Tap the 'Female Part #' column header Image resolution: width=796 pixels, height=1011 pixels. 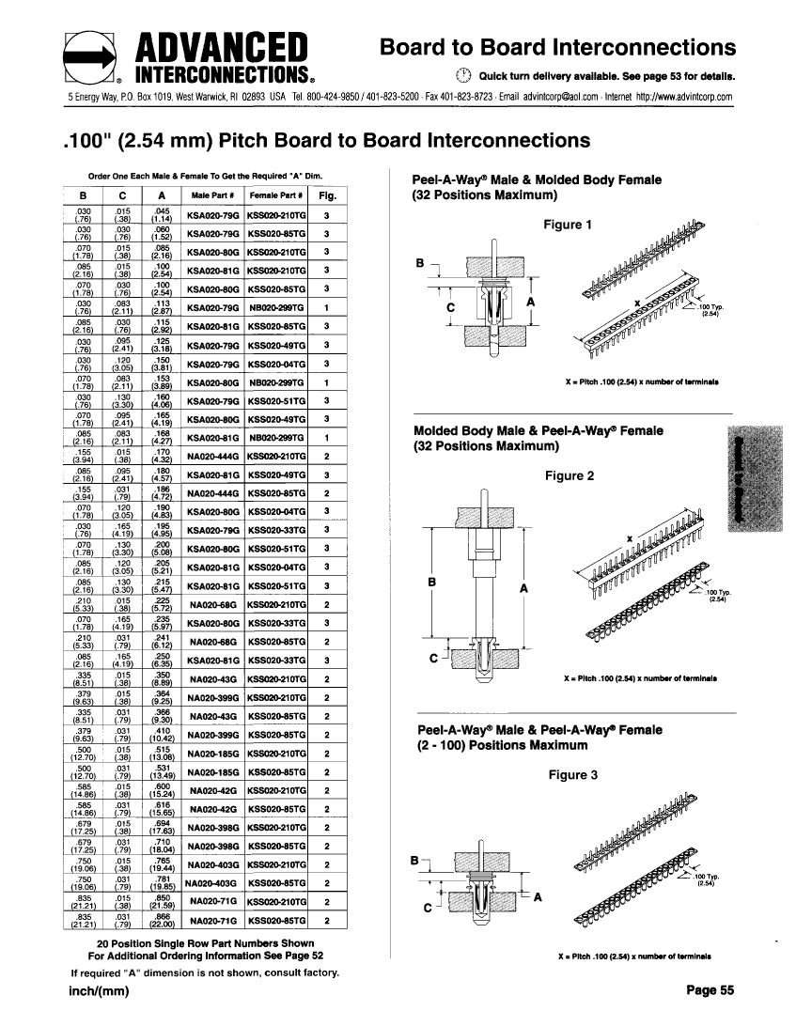click(276, 195)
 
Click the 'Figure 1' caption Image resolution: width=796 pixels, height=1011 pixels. click(568, 225)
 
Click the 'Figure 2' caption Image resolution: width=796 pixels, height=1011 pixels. click(568, 475)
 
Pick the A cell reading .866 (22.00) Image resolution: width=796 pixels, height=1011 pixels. click(163, 920)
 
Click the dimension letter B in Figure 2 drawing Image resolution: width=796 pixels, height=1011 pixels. click(432, 582)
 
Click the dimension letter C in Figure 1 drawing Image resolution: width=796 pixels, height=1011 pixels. click(450, 305)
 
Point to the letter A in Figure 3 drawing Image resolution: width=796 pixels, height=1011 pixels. click(538, 896)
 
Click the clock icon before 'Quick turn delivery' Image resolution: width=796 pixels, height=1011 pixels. click(461, 76)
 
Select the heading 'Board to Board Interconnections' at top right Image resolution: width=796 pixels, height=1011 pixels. click(557, 47)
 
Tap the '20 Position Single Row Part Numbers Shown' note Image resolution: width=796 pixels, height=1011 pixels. click(206, 942)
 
